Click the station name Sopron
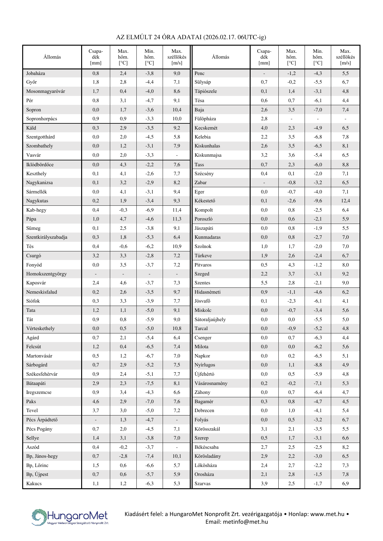click(34, 110)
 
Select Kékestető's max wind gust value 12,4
click(345, 201)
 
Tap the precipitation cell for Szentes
click(264, 283)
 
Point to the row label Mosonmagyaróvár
click(46, 91)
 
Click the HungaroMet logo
click(70, 517)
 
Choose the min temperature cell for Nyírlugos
click(318, 365)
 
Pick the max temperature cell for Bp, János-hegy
click(123, 456)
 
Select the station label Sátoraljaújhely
click(210, 320)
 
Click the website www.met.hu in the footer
click(327, 514)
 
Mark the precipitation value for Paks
click(96, 402)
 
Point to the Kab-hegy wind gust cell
click(177, 210)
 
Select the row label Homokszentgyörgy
click(46, 274)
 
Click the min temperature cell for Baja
click(318, 110)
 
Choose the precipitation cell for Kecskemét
click(264, 128)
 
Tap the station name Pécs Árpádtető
click(42, 420)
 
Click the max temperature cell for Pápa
click(123, 219)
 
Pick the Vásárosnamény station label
click(211, 383)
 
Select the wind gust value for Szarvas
click(345, 484)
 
